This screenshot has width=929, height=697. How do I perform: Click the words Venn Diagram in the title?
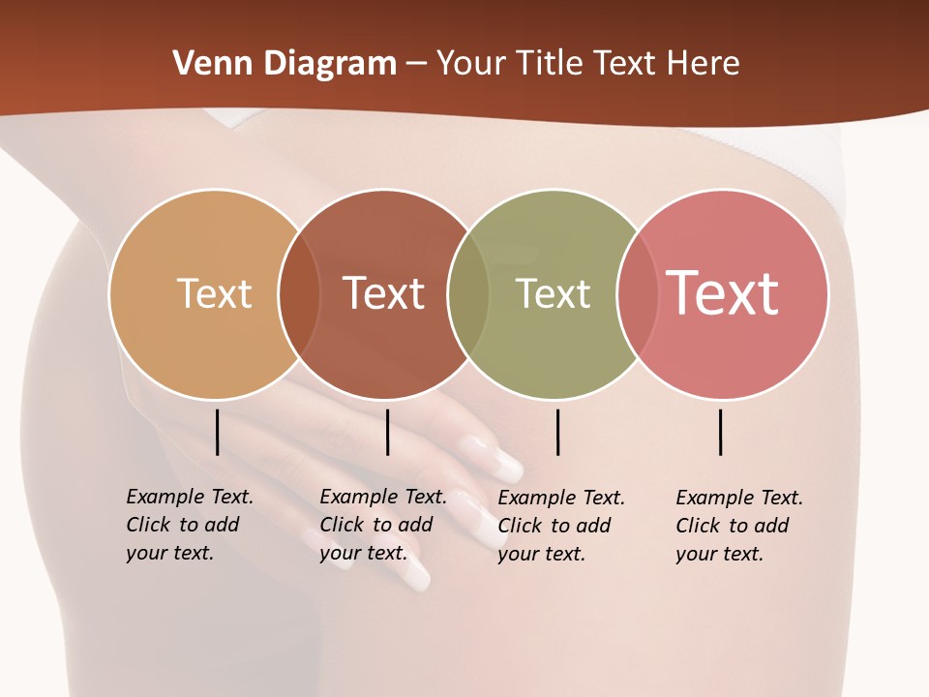(285, 64)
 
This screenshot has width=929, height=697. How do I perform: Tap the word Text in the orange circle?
(214, 293)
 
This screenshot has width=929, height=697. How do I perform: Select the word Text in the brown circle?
(384, 293)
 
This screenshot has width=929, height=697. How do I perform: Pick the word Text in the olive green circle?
(553, 293)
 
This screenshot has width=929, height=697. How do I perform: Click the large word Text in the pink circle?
(723, 293)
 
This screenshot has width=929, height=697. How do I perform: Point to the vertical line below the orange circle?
(217, 432)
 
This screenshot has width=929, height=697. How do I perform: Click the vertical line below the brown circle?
(387, 432)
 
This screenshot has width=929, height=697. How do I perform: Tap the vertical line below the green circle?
(557, 432)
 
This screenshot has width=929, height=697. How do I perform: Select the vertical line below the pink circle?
(720, 432)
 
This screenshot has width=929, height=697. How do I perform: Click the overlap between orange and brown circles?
(300, 294)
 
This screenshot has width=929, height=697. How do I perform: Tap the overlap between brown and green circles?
(468, 294)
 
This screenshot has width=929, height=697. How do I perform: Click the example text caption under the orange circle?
(189, 525)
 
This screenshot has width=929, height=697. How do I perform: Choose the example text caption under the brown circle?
(382, 525)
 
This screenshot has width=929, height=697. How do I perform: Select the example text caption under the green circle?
(560, 526)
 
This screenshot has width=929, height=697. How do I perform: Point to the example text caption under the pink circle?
(738, 526)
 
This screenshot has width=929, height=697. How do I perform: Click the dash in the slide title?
(416, 64)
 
